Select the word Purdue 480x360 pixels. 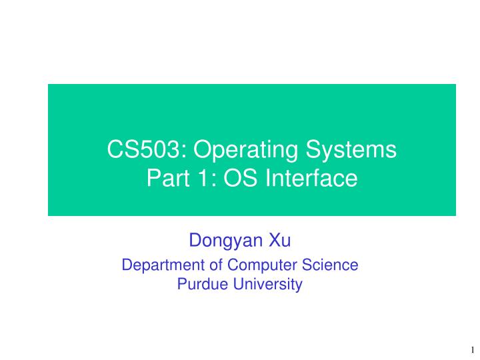click(201, 285)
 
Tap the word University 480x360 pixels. click(266, 285)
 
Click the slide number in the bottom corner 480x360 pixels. click(471, 349)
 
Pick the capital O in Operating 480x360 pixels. click(205, 150)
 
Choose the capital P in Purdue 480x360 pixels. click(181, 285)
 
